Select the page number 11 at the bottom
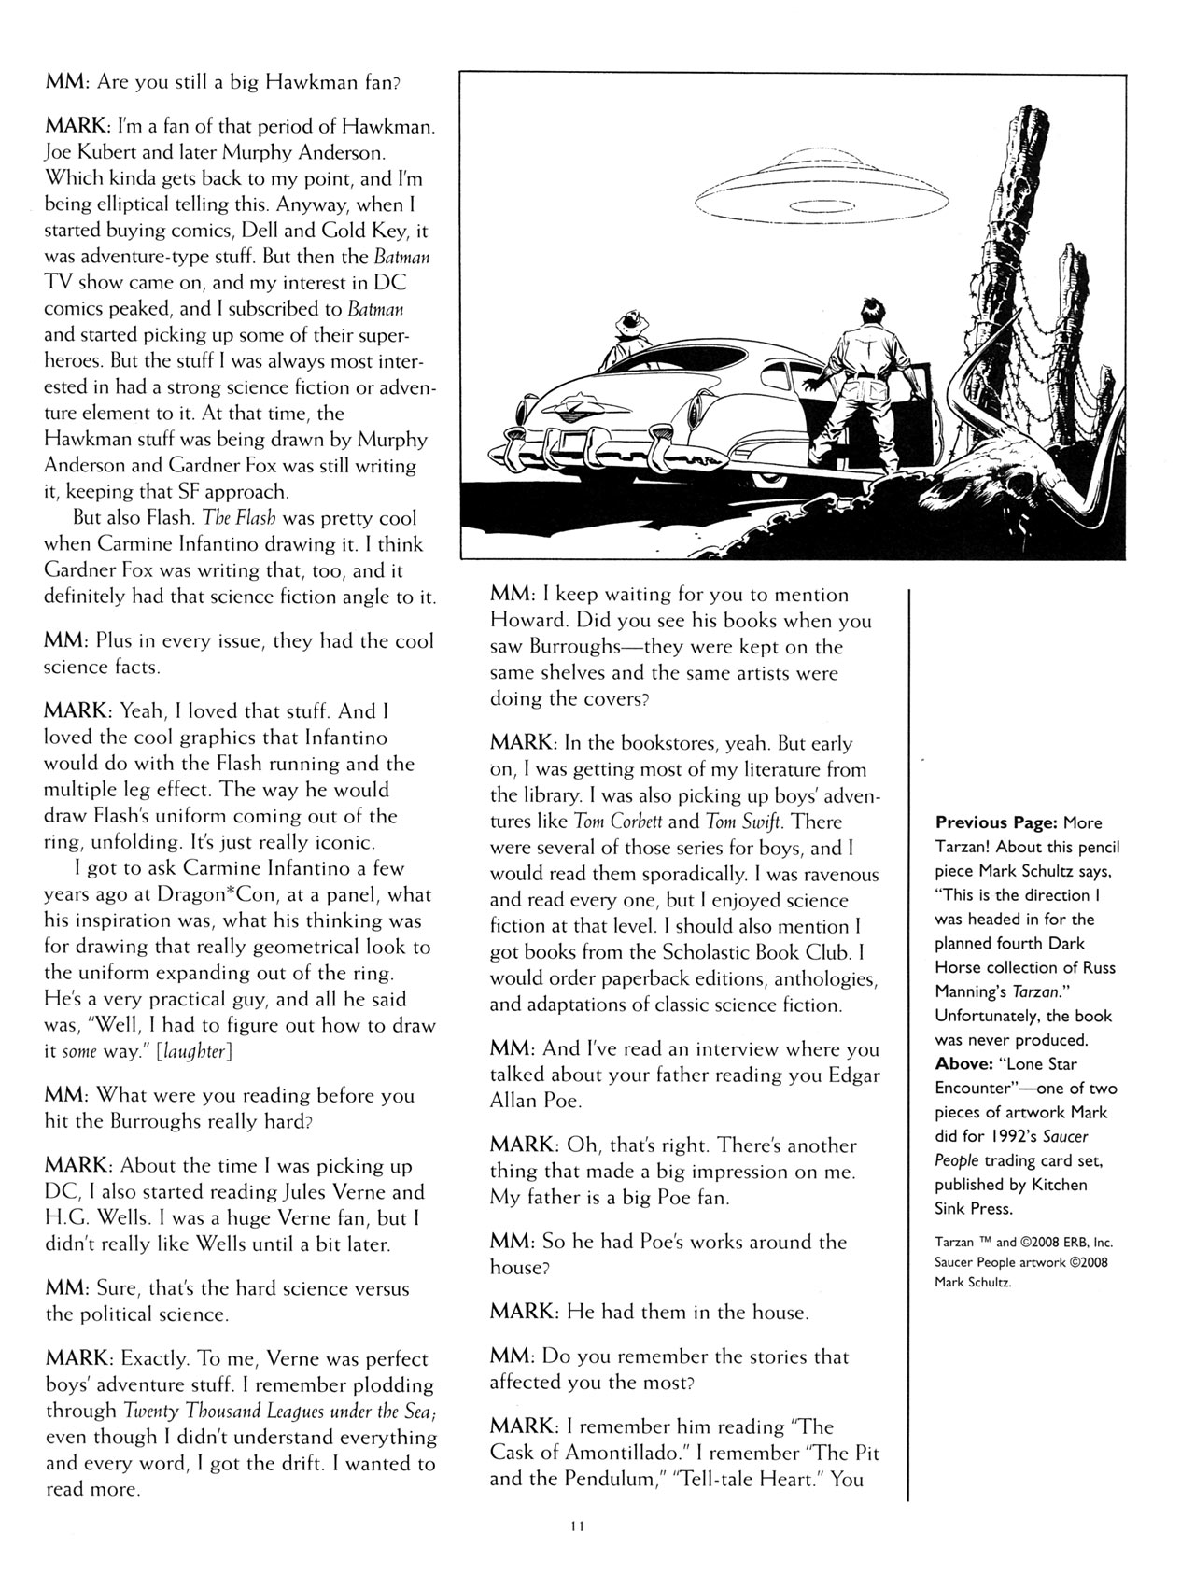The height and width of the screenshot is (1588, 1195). pos(576,1527)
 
